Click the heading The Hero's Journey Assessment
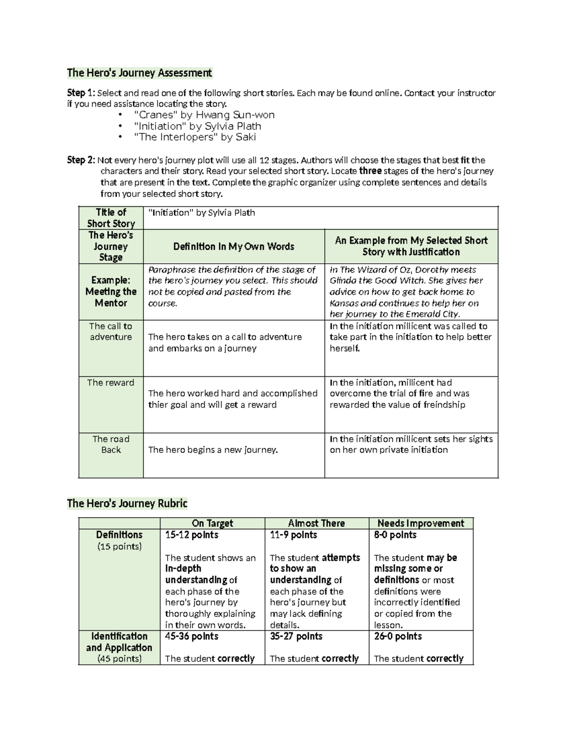coord(139,73)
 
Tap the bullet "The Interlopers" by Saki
coord(195,137)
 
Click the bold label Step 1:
coord(81,93)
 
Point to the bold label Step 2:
coord(81,160)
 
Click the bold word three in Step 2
coord(370,171)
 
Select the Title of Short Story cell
coord(111,218)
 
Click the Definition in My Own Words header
coord(234,246)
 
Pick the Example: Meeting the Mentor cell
coord(111,292)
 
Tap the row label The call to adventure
coord(111,332)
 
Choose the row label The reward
coord(111,383)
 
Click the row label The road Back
coord(111,444)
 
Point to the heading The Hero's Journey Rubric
coord(127,503)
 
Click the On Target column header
coord(212,523)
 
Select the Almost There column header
coord(316,523)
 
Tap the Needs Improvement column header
coord(421,523)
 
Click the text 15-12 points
coord(192,535)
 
